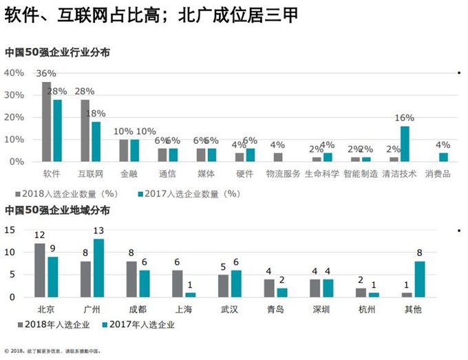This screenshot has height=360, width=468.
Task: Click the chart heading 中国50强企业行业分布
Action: tap(57, 52)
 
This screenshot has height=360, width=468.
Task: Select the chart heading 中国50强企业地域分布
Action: tap(57, 210)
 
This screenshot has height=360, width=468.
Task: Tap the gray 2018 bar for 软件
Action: tap(46, 122)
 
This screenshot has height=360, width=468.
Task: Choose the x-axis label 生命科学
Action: tap(322, 174)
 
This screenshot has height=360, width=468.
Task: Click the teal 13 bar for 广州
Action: tap(98, 268)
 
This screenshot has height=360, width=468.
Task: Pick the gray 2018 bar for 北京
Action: tap(40, 270)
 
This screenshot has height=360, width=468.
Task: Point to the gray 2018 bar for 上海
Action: tap(178, 284)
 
